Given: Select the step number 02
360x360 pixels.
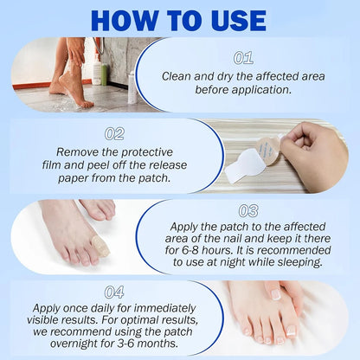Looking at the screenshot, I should click(x=115, y=134).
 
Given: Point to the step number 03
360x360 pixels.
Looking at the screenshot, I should click(x=248, y=210).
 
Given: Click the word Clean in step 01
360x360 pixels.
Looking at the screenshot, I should click(x=179, y=75).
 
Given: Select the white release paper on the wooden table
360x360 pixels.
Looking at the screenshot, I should click(x=243, y=164).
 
